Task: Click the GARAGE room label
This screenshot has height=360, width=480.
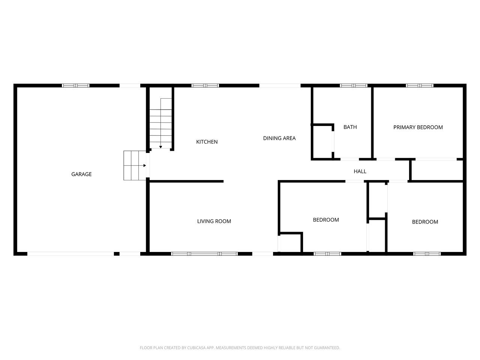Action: [81, 174]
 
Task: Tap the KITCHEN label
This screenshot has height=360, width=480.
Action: [207, 142]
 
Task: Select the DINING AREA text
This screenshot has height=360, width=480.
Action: [279, 138]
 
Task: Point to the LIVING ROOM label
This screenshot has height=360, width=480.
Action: [214, 221]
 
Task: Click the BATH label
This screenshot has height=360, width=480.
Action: [350, 127]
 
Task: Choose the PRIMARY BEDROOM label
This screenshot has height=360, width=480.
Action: [418, 127]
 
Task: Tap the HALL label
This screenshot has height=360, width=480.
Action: [360, 171]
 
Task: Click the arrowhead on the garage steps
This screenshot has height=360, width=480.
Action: [145, 165]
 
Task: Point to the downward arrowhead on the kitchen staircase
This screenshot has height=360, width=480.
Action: [160, 147]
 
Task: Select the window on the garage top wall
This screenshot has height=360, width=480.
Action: [76, 85]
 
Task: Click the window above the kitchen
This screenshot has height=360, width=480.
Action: [205, 85]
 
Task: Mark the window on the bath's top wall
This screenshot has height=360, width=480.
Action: [354, 85]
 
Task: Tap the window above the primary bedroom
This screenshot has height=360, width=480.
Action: [420, 85]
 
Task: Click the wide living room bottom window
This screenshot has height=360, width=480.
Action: [204, 254]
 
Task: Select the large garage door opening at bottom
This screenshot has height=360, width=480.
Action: [70, 254]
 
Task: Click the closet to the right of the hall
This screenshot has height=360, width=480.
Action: [437, 171]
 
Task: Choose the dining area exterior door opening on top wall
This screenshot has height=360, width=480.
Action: [280, 85]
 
